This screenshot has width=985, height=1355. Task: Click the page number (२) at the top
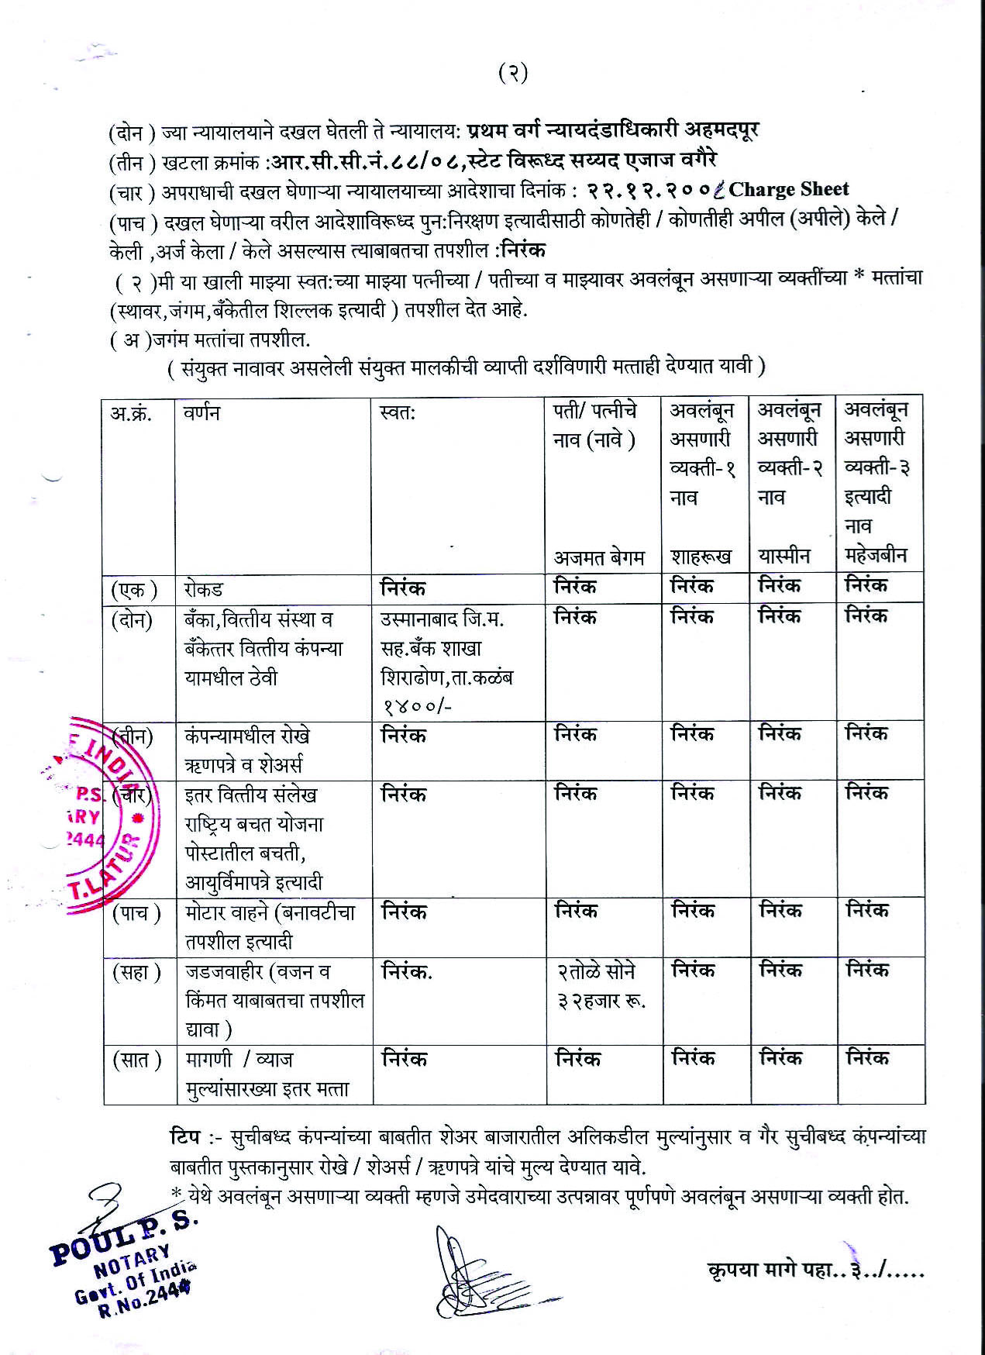coord(513,73)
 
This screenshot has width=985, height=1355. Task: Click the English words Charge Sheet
coord(789,189)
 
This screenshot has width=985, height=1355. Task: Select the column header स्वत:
coord(398,413)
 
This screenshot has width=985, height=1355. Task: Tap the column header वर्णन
coord(201,413)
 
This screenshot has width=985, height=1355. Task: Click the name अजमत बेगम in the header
coord(599,557)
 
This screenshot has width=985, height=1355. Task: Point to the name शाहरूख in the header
coord(701,557)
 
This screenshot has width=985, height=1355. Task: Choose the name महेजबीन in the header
coord(876,556)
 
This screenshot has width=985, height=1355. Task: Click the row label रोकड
coord(204,589)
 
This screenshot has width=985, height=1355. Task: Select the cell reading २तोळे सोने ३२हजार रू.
coord(601,986)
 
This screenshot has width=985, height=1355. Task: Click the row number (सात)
coord(136,1060)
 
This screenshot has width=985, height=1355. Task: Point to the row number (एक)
coord(133,590)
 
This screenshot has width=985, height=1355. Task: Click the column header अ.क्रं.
coord(130,413)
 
